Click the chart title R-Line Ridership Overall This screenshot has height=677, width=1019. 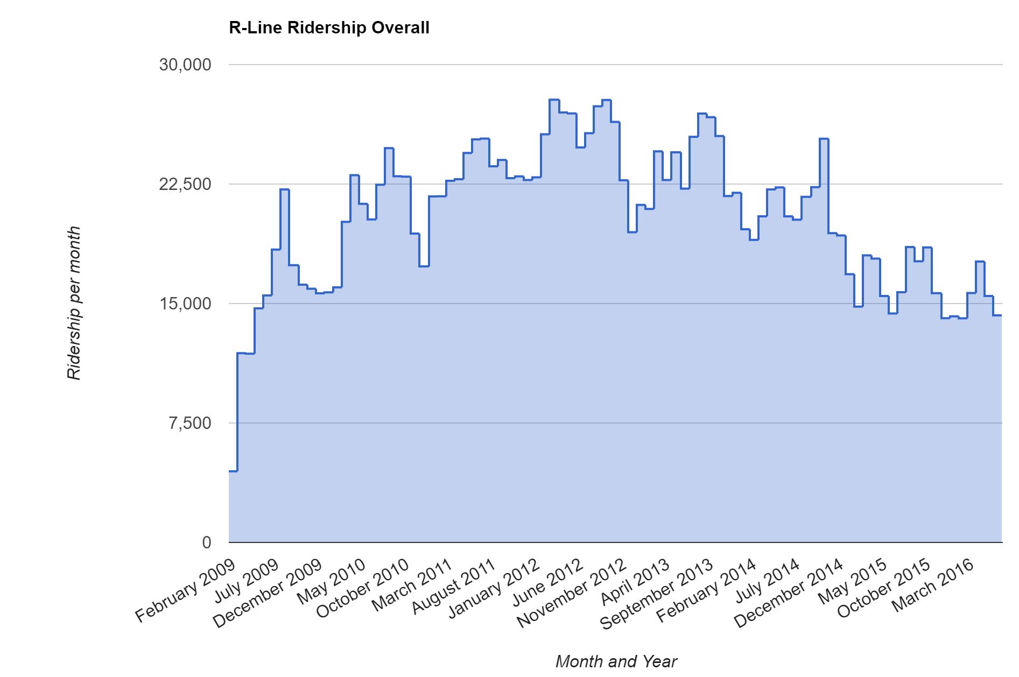click(329, 27)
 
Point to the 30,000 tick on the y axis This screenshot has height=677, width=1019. click(185, 65)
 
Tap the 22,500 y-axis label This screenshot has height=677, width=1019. click(185, 184)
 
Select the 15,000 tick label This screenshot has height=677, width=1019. click(185, 304)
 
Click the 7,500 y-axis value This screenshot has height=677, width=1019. click(190, 423)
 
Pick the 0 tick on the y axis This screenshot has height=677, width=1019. click(207, 542)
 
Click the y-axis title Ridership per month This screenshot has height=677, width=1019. click(74, 303)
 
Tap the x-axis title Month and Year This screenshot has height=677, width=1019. click(616, 661)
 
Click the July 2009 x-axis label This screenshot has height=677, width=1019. click(247, 581)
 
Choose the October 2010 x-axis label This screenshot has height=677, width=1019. click(363, 589)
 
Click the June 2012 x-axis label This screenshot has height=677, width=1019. click(548, 582)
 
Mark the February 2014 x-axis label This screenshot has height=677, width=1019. click(706, 591)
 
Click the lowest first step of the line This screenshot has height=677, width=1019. click(233, 471)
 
